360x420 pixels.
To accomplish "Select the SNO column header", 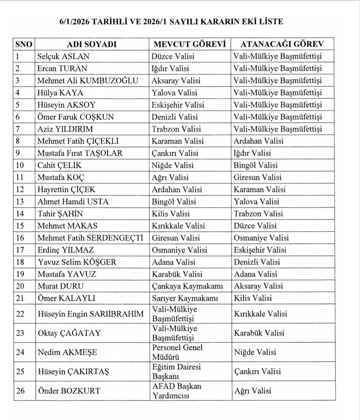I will (x=24, y=44).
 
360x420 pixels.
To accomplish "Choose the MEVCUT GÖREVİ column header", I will (x=190, y=44).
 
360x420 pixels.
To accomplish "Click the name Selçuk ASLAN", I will (x=63, y=57).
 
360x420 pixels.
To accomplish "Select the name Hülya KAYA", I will (x=60, y=93).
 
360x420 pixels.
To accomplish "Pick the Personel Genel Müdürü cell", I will (x=178, y=352).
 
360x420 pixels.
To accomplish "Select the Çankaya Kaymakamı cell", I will (x=187, y=286).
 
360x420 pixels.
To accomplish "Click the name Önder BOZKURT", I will (x=69, y=391).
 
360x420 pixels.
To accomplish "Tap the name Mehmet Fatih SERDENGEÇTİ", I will (x=90, y=238).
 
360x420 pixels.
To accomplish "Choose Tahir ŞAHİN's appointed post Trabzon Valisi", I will (x=258, y=214).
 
